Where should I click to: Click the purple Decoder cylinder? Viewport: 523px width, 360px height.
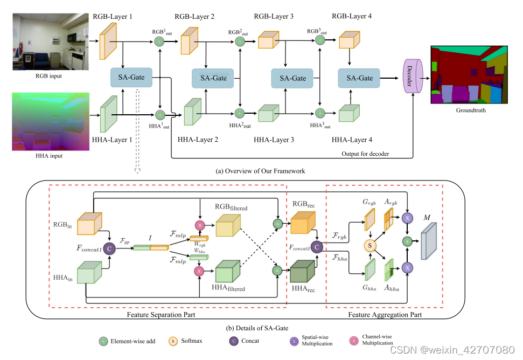411,78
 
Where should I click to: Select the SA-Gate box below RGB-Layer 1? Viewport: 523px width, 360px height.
131,78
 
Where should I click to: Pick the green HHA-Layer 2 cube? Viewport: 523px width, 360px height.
192,112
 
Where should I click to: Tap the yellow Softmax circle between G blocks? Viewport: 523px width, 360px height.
370,245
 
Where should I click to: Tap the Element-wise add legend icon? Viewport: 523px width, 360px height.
103,341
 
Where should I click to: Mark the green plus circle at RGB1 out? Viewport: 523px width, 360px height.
159,41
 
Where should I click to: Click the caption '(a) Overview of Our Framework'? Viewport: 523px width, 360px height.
260,171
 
